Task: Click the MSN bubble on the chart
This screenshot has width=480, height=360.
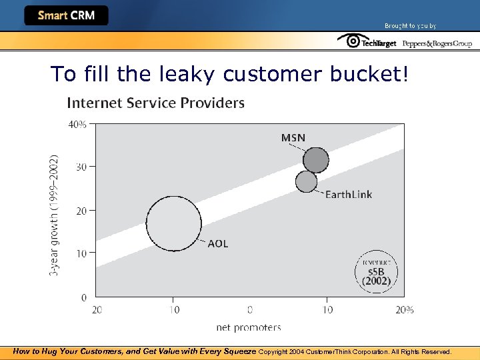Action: pyautogui.click(x=316, y=160)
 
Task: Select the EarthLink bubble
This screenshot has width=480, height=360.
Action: pyautogui.click(x=306, y=181)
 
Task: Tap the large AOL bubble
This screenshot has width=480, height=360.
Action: pyautogui.click(x=173, y=224)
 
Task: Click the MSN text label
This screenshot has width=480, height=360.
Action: pyautogui.click(x=293, y=138)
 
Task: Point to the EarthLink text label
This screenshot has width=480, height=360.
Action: pyautogui.click(x=348, y=195)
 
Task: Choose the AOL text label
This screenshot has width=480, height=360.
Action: pyautogui.click(x=218, y=243)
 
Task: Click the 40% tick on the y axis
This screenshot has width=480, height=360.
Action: pyautogui.click(x=78, y=123)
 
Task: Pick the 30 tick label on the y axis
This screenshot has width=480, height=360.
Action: pyautogui.click(x=82, y=167)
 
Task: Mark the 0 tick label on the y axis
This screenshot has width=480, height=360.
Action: pyautogui.click(x=84, y=297)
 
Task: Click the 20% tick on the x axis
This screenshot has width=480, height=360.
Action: pyautogui.click(x=405, y=309)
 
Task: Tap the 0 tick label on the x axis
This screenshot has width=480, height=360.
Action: pyautogui.click(x=250, y=309)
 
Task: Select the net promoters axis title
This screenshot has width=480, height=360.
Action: pyautogui.click(x=249, y=327)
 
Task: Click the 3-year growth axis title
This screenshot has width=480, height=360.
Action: pyautogui.click(x=55, y=215)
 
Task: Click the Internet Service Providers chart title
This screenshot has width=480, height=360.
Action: pyautogui.click(x=156, y=103)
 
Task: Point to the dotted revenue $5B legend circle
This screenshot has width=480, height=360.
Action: pyautogui.click(x=377, y=271)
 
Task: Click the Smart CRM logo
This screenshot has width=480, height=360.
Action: pyautogui.click(x=66, y=15)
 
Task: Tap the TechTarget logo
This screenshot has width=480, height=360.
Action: pyautogui.click(x=367, y=42)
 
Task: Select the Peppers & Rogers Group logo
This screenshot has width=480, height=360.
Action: pyautogui.click(x=437, y=43)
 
